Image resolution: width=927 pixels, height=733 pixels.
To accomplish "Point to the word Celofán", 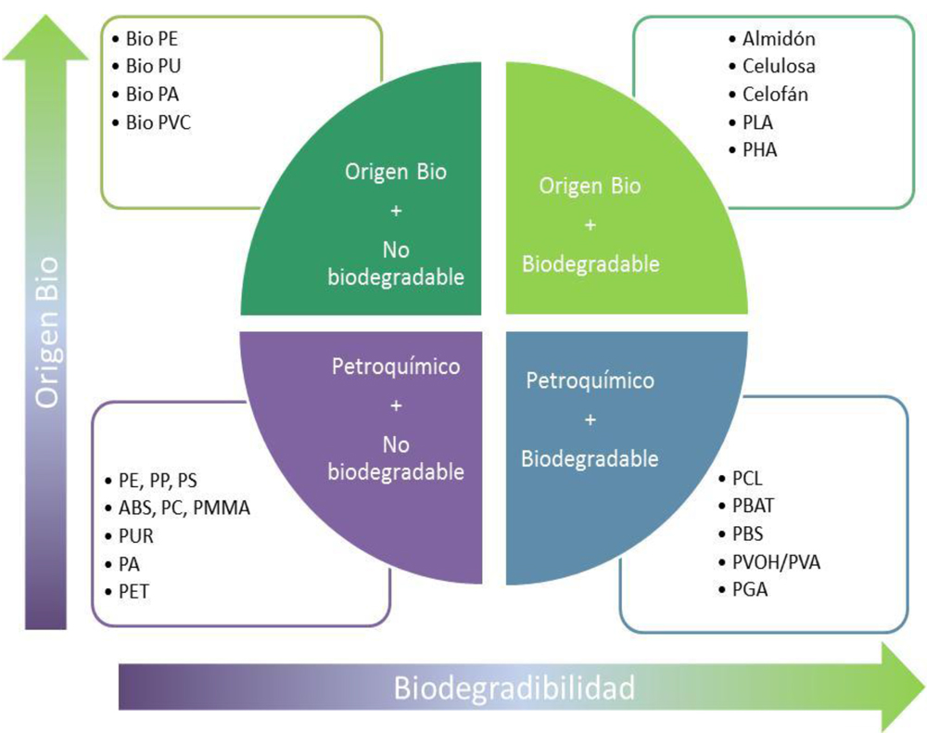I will click(x=775, y=94).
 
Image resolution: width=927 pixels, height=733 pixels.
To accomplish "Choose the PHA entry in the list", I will click(x=759, y=149).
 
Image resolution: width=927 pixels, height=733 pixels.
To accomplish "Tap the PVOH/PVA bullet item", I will click(x=776, y=561).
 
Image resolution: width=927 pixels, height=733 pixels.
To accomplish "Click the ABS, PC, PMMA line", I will click(x=184, y=508).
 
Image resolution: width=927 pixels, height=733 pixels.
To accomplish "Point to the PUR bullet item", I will click(x=136, y=536).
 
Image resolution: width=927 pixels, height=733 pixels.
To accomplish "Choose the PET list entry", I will click(x=134, y=590).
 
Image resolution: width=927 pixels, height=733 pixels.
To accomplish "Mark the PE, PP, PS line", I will click(x=158, y=481).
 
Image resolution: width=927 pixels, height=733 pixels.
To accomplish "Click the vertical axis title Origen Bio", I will click(x=46, y=332).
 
